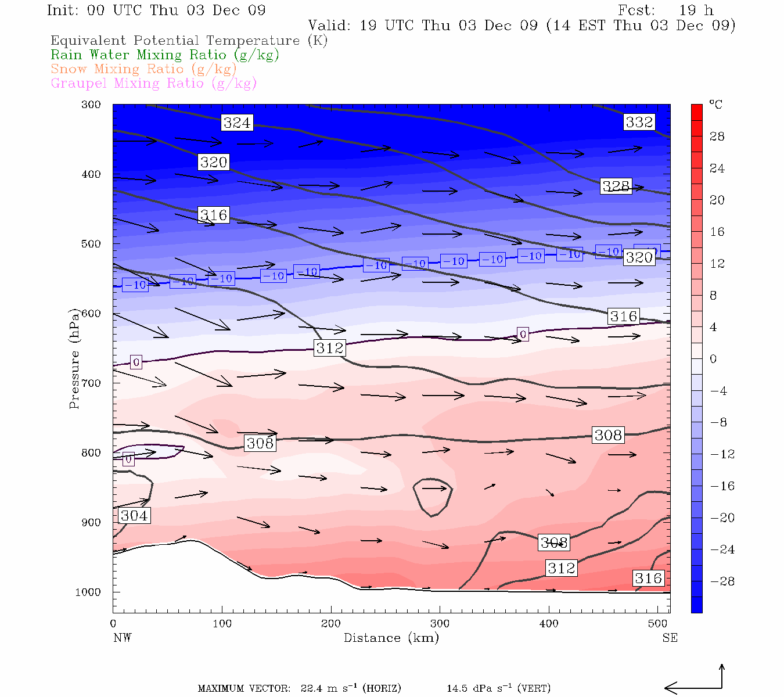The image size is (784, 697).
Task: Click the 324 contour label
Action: coord(237,122)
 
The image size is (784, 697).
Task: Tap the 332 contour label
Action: coord(639,122)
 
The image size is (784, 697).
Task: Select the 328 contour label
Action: coord(616,186)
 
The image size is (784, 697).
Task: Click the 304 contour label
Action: coord(134,515)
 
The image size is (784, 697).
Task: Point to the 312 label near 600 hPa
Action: coord(330,348)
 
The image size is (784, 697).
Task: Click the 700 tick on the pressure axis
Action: coord(91,383)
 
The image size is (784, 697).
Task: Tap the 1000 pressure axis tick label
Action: coord(88,592)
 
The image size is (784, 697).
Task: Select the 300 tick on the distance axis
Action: coord(440,624)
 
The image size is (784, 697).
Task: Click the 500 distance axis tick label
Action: coord(657,624)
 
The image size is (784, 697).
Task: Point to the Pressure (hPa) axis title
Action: coord(74,358)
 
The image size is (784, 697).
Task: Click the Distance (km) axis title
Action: coord(391,638)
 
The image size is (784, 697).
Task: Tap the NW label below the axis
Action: coord(122,638)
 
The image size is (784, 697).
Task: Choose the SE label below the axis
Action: coord(670,638)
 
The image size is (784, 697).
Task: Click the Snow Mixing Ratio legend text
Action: coord(143,69)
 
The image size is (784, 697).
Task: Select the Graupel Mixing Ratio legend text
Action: coord(154,83)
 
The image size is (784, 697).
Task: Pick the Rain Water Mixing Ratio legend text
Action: coord(165,55)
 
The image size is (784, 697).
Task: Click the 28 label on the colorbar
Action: coord(717,136)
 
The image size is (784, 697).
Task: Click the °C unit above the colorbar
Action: coord(715,105)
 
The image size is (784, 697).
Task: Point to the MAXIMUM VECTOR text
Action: coord(244,688)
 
